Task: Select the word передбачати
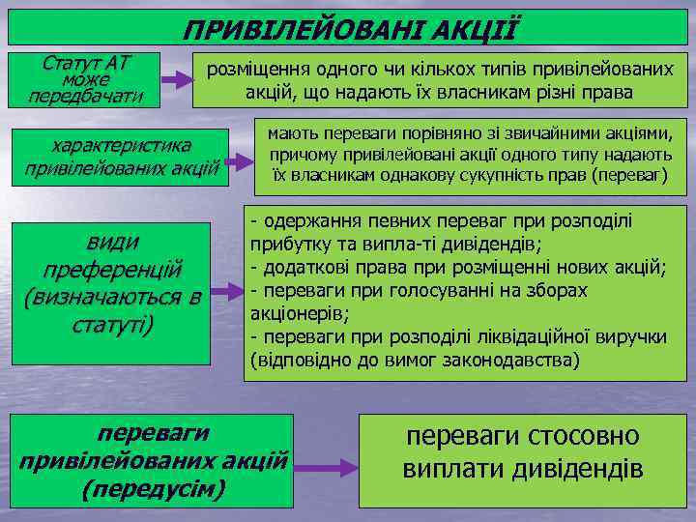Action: point(86,97)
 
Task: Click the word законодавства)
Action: point(507,360)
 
